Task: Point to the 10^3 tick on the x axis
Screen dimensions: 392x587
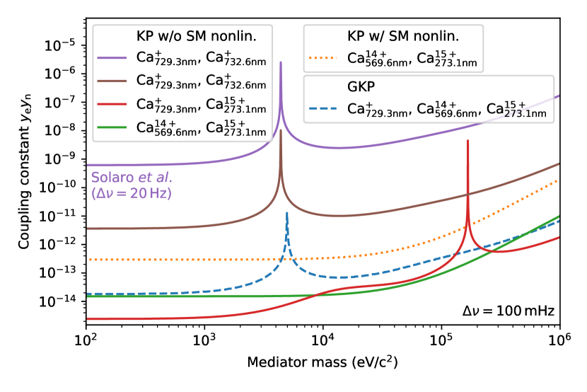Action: click(204, 342)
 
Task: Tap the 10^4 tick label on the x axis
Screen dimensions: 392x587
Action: click(322, 342)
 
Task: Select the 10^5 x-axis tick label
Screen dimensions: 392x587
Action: click(441, 342)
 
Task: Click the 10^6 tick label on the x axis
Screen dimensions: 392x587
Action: click(559, 342)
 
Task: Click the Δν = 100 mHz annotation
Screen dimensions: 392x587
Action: click(508, 311)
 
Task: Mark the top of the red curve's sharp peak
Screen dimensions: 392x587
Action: click(467, 141)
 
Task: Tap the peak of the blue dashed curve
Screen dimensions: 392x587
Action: click(286, 212)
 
